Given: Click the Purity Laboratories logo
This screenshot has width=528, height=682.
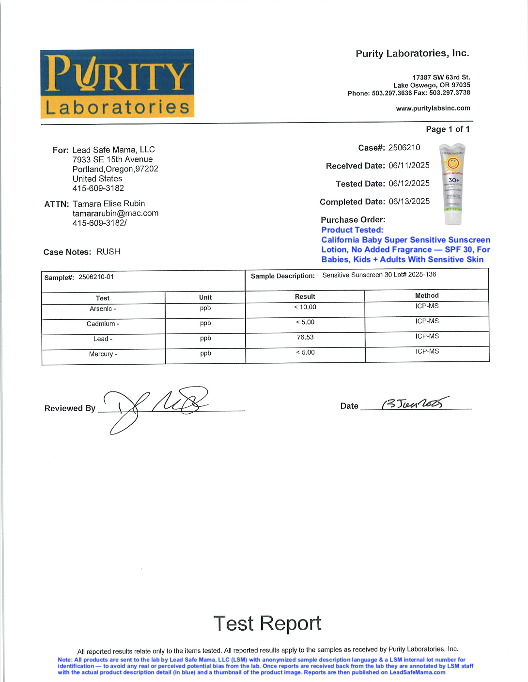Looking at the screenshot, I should point(117,83).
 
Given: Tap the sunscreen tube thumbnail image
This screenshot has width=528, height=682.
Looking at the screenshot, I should point(453,184).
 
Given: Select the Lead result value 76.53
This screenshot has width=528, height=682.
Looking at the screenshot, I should point(305,337).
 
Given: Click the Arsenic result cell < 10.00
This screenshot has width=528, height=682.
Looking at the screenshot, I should point(305,307).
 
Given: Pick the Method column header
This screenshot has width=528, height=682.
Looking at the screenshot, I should point(427,295).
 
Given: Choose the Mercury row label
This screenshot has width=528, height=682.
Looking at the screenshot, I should point(103,354).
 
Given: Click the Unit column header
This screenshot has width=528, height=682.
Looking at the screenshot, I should point(205,297).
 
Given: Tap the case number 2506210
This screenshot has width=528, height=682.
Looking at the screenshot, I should point(404,148).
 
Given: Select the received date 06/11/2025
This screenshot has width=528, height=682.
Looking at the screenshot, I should point(409,166).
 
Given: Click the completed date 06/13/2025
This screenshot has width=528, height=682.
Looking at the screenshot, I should point(409,201).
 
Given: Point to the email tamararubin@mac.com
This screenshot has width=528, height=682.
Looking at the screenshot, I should point(115,213).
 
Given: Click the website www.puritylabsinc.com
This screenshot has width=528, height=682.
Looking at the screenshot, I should point(433,108).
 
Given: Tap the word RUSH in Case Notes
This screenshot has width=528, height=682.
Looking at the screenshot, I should point(109,252).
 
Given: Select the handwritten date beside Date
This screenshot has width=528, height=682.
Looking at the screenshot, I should point(414,403).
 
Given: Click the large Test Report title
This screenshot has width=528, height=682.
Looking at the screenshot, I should point(267,623).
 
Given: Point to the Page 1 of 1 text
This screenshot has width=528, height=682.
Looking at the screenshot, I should point(448,129).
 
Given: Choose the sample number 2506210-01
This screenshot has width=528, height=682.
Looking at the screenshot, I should point(96,277).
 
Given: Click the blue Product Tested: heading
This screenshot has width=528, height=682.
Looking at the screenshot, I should point(352,230).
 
